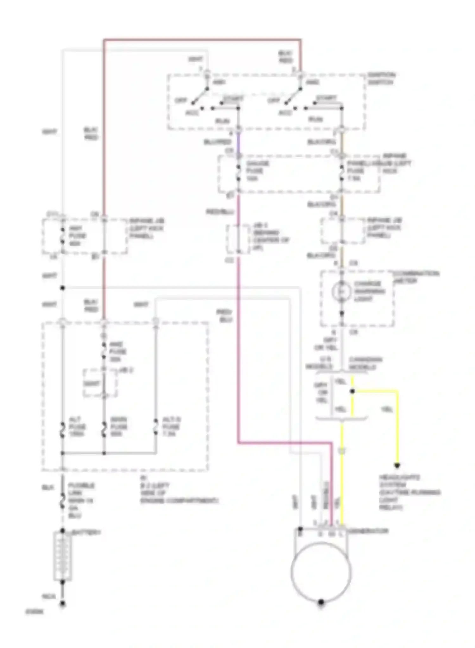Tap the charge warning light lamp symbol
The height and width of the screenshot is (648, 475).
point(341,291)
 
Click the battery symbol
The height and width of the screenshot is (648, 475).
point(62,556)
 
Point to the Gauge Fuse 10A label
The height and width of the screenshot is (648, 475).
point(257,171)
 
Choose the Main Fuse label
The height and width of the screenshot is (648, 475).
point(119,427)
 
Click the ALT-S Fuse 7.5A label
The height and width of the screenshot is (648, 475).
point(171,427)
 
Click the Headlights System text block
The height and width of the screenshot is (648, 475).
point(409,492)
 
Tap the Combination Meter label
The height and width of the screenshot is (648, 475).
point(415,277)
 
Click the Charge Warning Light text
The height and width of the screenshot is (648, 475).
point(369,291)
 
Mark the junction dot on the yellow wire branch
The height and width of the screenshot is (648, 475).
point(352,391)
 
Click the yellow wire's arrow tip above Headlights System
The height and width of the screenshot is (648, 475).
point(397,465)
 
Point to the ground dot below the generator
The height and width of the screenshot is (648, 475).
point(321,602)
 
